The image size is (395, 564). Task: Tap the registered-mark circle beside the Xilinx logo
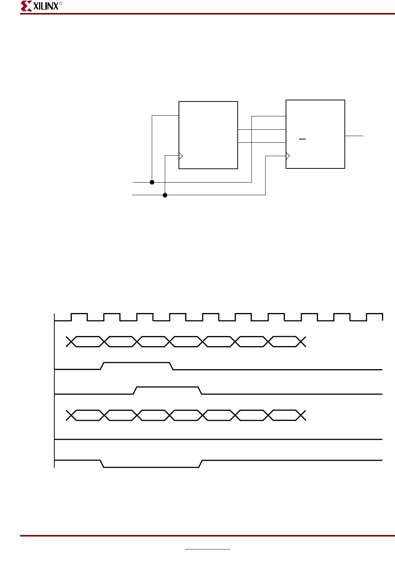[x=61, y=4]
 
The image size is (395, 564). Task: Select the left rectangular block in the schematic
[x=208, y=135]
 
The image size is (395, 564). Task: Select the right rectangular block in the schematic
[x=315, y=134]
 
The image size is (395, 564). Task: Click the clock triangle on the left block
[x=181, y=156]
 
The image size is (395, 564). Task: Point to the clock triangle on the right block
[x=288, y=156]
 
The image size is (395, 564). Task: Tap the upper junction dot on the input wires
[x=152, y=182]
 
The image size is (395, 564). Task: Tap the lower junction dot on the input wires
[x=165, y=195]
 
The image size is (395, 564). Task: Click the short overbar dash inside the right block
[x=302, y=139]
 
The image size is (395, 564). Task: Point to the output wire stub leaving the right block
[x=354, y=136]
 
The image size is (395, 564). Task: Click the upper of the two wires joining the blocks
[x=262, y=129]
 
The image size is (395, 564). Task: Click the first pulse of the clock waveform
[x=79, y=317]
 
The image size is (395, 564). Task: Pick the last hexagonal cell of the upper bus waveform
[x=285, y=342]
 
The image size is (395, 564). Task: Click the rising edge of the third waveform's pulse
[x=102, y=366]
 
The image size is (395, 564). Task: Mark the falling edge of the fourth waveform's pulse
[x=200, y=390]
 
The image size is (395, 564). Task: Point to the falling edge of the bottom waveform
[x=102, y=464]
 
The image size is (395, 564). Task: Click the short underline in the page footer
[x=208, y=549]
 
